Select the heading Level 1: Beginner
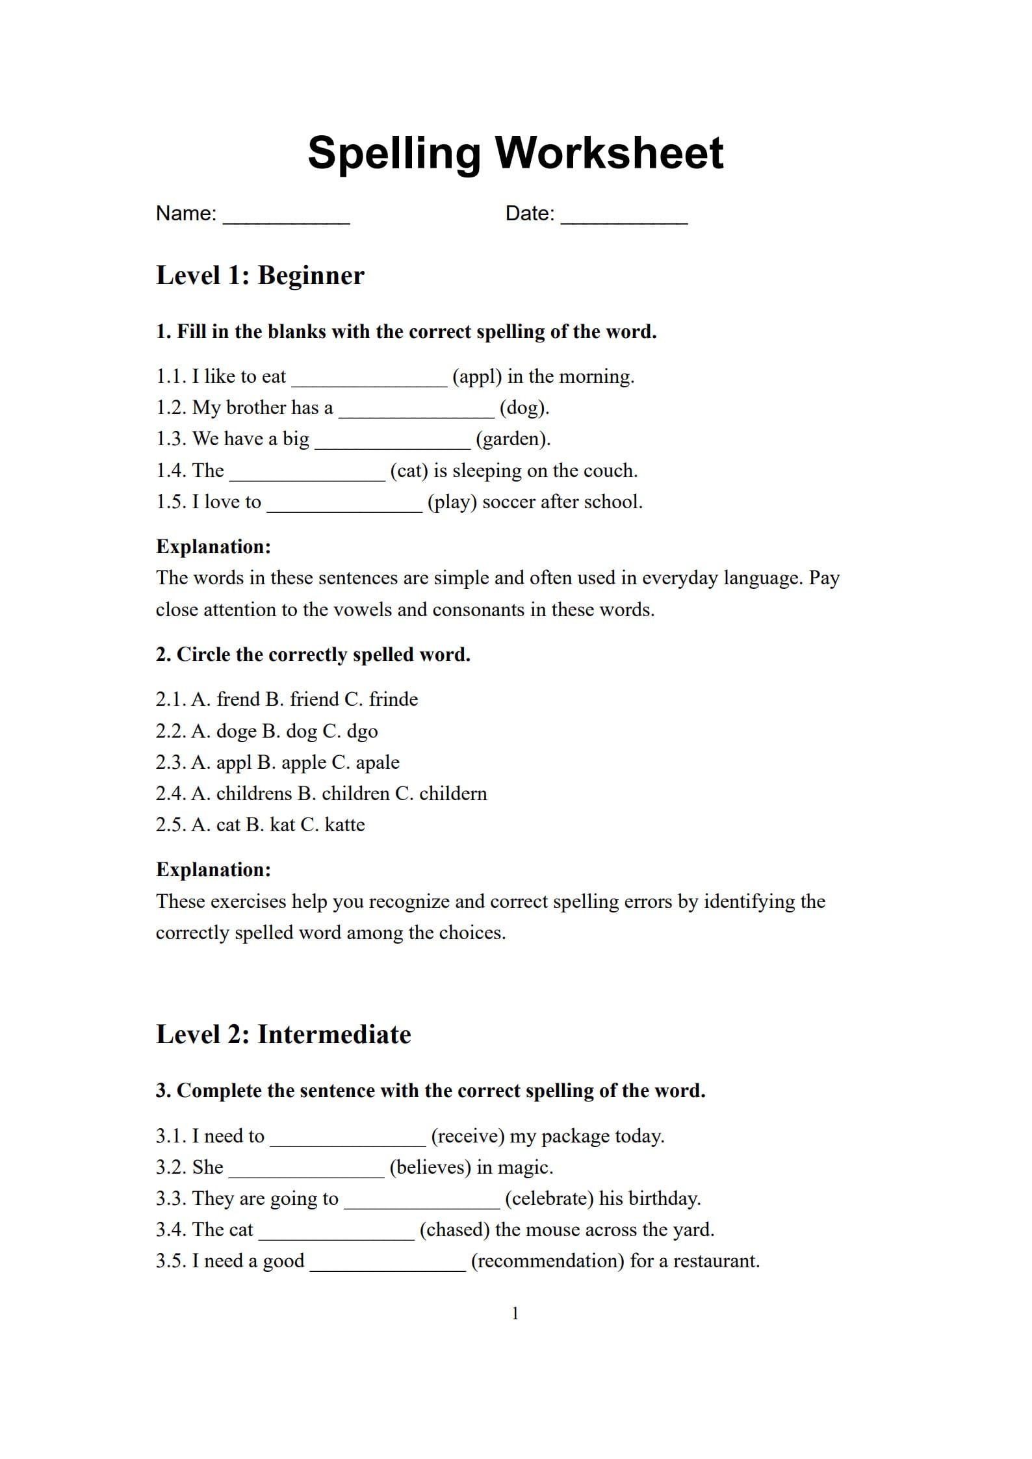pos(260,276)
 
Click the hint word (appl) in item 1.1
pos(477,376)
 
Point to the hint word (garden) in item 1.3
pos(513,439)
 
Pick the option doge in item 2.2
pos(236,731)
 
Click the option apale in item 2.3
pos(377,762)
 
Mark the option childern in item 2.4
pos(452,794)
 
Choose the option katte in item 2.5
pos(344,825)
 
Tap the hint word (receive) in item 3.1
pos(467,1136)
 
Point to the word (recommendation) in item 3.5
pos(547,1261)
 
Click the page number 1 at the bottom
pos(515,1313)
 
